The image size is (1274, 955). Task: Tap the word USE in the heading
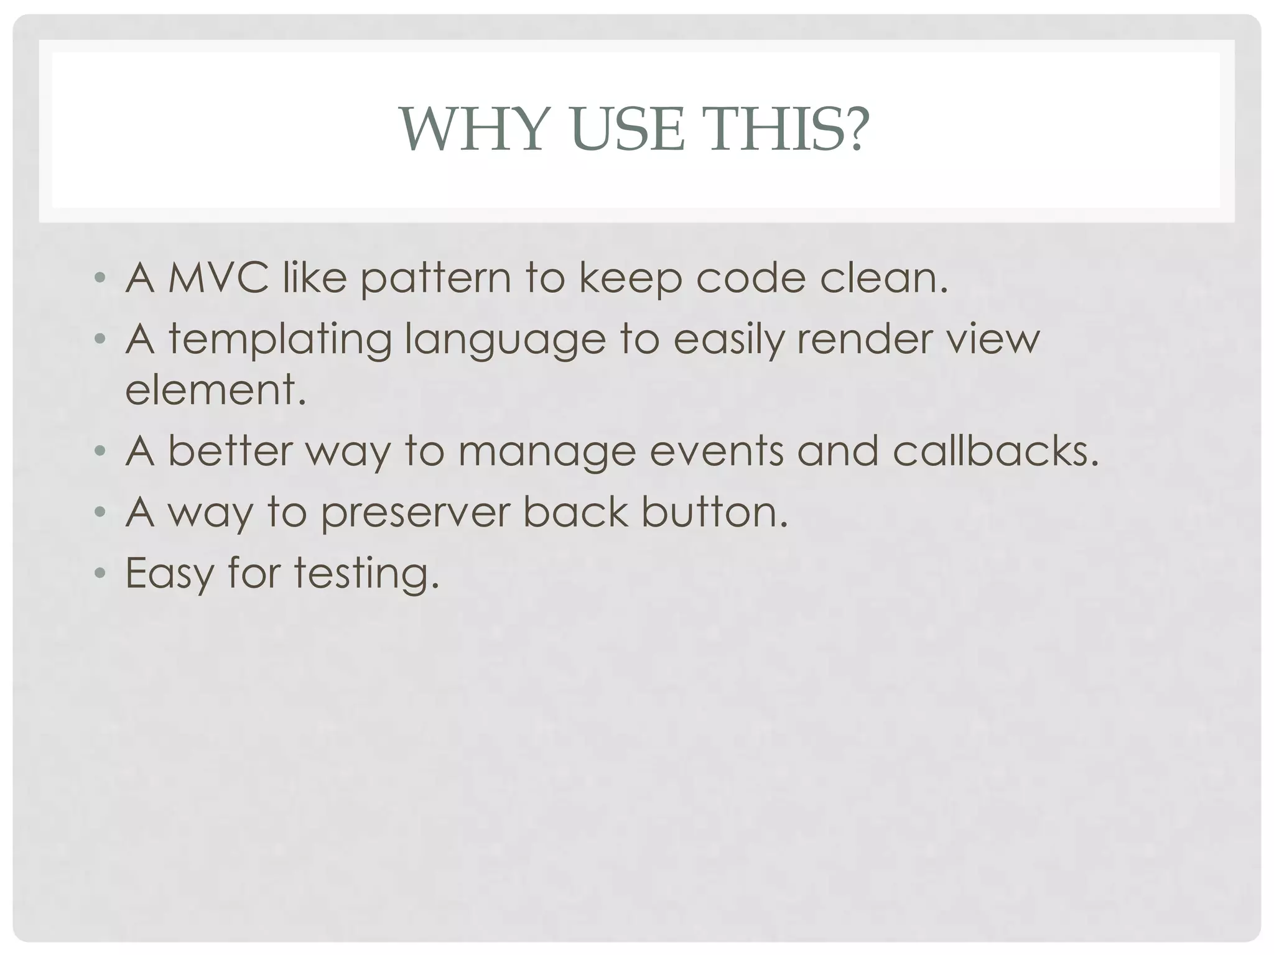click(x=628, y=130)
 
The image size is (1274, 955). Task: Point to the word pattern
click(x=436, y=280)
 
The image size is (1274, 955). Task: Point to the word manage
click(x=547, y=453)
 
